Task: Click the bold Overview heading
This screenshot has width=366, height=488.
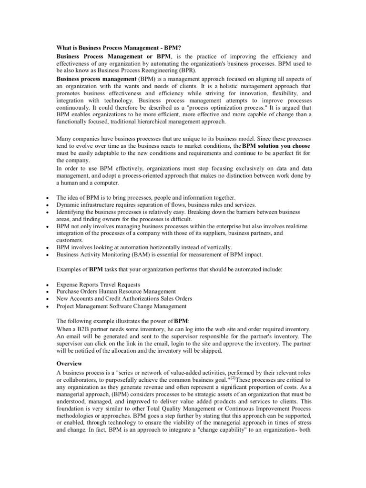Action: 70,363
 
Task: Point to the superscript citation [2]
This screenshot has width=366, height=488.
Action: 233,378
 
